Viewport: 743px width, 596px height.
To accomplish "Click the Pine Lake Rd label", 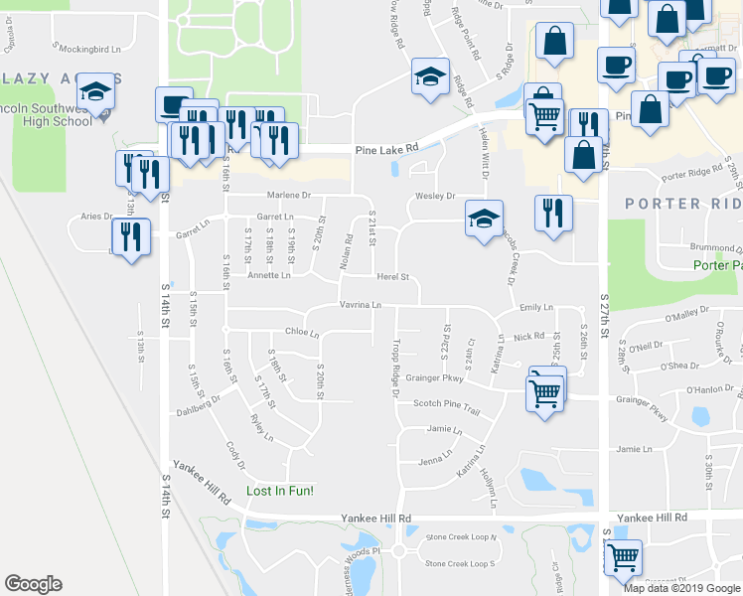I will pos(387,149).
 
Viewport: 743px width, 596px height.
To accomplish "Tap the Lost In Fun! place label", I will pos(279,492).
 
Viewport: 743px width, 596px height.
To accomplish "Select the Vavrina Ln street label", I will pos(361,305).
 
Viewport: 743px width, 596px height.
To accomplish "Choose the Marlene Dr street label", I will pos(287,196).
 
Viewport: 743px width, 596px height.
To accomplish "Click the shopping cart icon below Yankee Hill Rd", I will pos(622,558).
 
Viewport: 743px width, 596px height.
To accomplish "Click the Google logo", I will pos(33,583).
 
